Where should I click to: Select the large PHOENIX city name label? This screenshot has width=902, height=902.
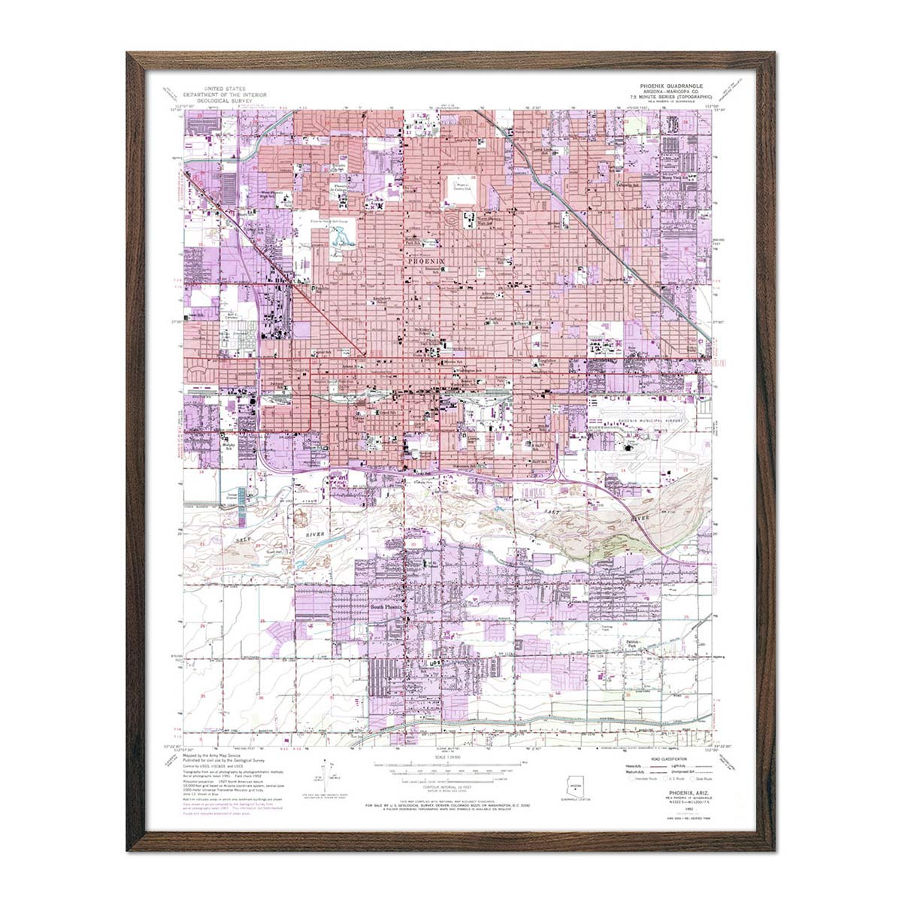tap(426, 261)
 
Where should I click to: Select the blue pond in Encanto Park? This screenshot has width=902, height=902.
tap(341, 239)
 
